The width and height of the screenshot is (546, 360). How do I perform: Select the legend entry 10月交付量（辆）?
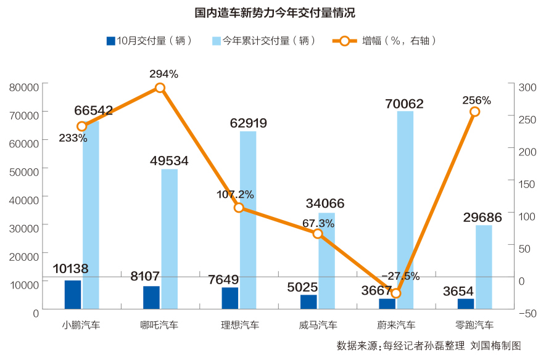pyautogui.click(x=150, y=41)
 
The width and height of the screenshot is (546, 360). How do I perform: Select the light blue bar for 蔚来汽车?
pyautogui.click(x=405, y=210)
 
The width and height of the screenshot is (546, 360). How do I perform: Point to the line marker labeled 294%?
pyautogui.click(x=160, y=88)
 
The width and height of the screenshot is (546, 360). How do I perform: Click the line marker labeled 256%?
pyautogui.click(x=474, y=112)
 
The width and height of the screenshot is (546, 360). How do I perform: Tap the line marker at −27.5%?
pyautogui.click(x=396, y=293)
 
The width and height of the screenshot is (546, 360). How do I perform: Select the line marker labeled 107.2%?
pyautogui.click(x=239, y=208)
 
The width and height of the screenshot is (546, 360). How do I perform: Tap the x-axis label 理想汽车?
pyautogui.click(x=240, y=325)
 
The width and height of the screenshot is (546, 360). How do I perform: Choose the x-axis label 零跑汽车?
pyautogui.click(x=474, y=325)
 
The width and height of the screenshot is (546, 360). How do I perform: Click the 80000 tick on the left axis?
pyautogui.click(x=25, y=87)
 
